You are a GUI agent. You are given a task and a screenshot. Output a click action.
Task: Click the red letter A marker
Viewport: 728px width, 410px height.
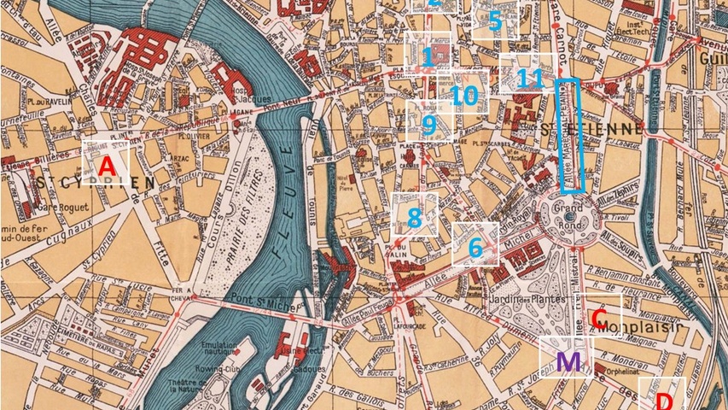click(107, 167)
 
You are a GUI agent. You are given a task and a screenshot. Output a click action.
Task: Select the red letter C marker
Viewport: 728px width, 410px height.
click(600, 321)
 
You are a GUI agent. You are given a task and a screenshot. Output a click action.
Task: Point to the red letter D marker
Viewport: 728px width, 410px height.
click(665, 400)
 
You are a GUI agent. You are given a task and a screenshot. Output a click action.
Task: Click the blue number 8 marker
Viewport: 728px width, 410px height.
click(415, 217)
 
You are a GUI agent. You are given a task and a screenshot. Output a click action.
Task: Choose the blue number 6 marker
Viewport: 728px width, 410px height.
click(475, 248)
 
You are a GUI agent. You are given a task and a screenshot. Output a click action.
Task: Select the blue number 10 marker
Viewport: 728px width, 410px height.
click(463, 95)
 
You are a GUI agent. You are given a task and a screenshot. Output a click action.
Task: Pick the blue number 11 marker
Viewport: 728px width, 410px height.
click(530, 79)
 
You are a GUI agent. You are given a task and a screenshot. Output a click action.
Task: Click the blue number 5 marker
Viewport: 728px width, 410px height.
click(495, 21)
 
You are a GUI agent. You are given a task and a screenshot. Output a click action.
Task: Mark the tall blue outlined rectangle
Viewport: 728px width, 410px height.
click(569, 135)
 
